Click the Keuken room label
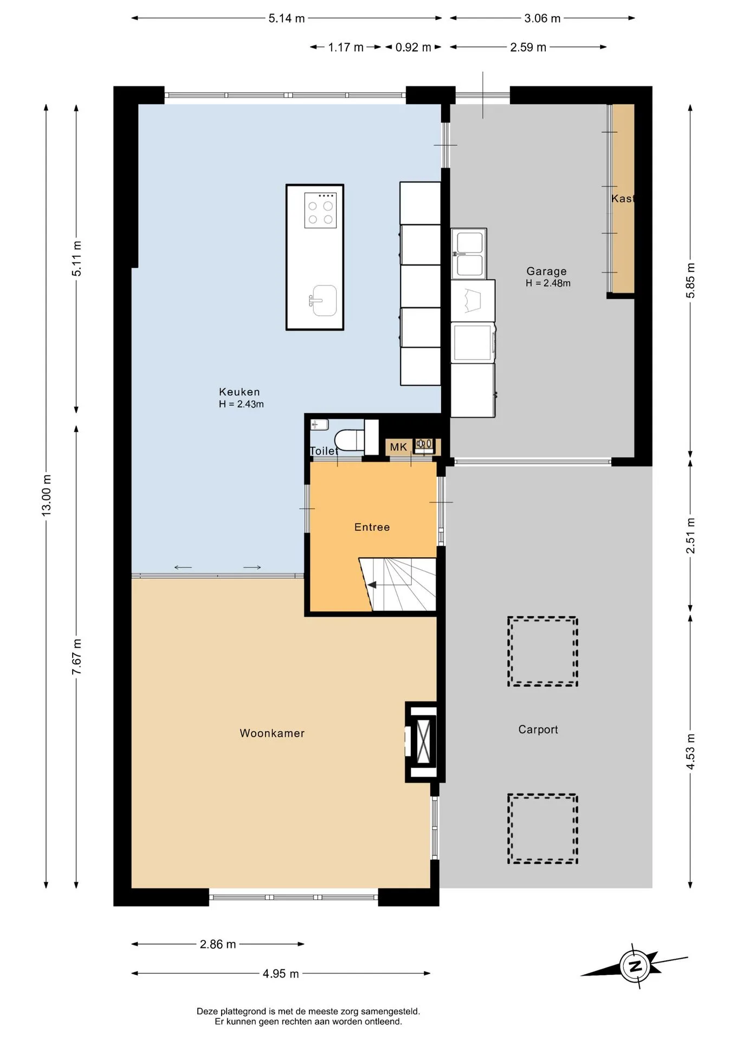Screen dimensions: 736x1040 (240, 392)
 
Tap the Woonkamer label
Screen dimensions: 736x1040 (272, 733)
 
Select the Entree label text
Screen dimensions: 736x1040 (372, 527)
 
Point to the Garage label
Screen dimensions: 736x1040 (546, 271)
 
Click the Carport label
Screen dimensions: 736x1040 (538, 730)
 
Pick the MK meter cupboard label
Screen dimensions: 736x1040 (398, 447)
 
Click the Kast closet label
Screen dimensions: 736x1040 (622, 198)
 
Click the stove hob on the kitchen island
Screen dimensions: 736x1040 (320, 210)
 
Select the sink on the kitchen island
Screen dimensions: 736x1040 (323, 300)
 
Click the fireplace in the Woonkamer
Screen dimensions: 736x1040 (421, 742)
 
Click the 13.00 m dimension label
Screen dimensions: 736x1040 (47, 495)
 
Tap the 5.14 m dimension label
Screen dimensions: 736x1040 (287, 18)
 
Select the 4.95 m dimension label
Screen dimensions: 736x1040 (281, 973)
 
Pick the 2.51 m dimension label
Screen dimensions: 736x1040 (690, 536)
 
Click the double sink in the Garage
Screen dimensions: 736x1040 (469, 253)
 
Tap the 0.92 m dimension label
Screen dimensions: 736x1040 (413, 47)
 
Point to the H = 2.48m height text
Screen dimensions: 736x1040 (548, 283)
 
